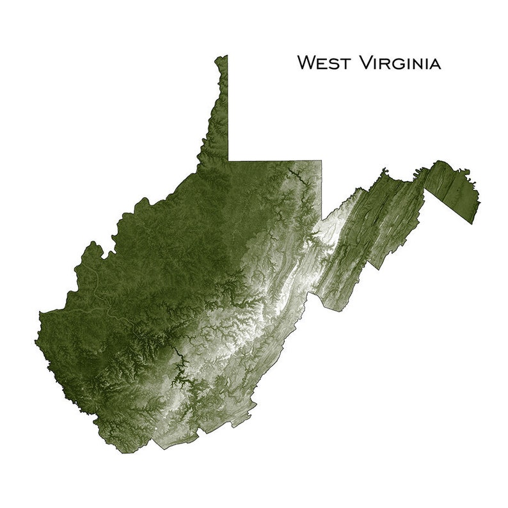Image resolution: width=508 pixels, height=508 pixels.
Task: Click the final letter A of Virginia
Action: (x=435, y=63)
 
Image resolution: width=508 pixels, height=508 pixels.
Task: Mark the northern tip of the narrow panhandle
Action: (x=223, y=57)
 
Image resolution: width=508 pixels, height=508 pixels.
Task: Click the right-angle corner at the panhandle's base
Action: (x=228, y=161)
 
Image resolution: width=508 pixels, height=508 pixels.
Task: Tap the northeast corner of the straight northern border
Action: (x=322, y=161)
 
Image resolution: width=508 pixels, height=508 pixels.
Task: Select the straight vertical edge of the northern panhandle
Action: (x=228, y=109)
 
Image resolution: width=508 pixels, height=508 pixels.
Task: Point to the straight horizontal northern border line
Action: (x=275, y=161)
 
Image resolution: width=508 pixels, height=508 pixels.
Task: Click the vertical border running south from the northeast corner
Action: (x=322, y=192)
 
